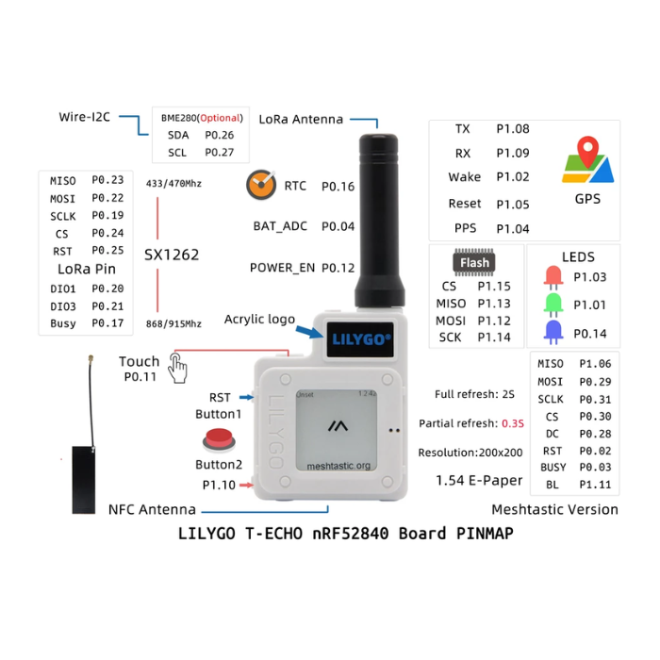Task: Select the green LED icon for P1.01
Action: tap(553, 305)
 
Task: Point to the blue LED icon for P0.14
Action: tap(553, 333)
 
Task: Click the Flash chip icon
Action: tap(473, 262)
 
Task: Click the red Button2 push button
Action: tap(219, 439)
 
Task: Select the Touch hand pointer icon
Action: tap(177, 367)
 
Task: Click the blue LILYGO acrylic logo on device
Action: tap(361, 338)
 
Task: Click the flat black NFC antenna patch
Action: tap(85, 481)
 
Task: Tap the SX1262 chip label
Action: tap(172, 255)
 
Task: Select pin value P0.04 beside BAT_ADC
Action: tap(338, 226)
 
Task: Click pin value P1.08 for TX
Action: tap(513, 129)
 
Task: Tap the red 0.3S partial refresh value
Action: tap(513, 423)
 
